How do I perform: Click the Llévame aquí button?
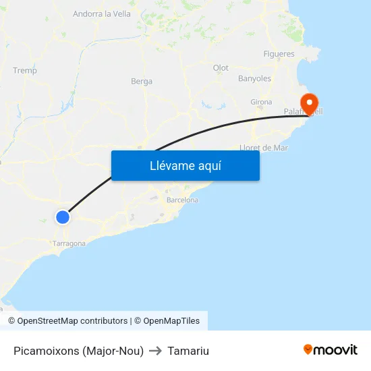point(185,165)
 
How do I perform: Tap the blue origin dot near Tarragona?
point(63,217)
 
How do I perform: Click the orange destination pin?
point(310,104)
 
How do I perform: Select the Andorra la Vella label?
point(102,13)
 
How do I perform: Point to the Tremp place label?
point(25,70)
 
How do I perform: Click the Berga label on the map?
point(142,82)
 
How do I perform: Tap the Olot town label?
point(221,68)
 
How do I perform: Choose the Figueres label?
point(279,54)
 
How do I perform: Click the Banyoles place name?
point(254,79)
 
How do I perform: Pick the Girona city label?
point(261,103)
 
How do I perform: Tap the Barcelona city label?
point(182,200)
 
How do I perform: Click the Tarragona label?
point(69,244)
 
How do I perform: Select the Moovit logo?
point(331,349)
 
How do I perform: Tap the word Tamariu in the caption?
point(188,351)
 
